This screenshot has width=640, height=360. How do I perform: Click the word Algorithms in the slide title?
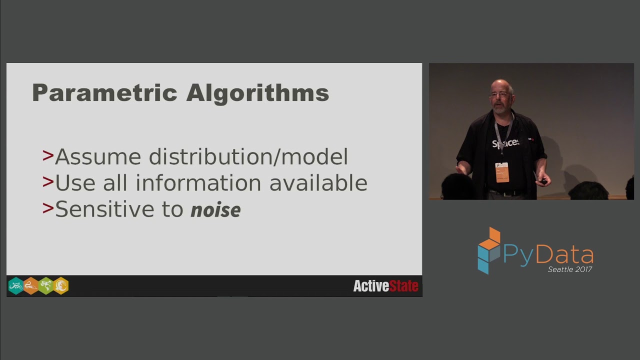[257, 93]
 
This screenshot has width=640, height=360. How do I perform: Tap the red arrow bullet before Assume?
[48, 156]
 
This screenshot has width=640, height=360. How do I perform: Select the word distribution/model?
[248, 157]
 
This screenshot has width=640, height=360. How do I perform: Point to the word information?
[199, 183]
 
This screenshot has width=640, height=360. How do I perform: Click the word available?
[318, 183]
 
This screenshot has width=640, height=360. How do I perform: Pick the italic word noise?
[215, 210]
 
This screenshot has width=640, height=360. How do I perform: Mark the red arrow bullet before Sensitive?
[48, 208]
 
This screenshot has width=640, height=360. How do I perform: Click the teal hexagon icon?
[16, 286]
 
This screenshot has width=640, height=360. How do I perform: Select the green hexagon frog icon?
[46, 286]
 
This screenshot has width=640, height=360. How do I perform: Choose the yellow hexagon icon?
[61, 286]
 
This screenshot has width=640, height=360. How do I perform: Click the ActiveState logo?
[385, 286]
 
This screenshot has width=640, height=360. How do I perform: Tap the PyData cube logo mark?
[488, 250]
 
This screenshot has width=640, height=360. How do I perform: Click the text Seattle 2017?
[570, 269]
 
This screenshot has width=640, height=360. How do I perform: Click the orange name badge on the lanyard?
[502, 172]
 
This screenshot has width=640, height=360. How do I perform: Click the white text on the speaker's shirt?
[505, 143]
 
